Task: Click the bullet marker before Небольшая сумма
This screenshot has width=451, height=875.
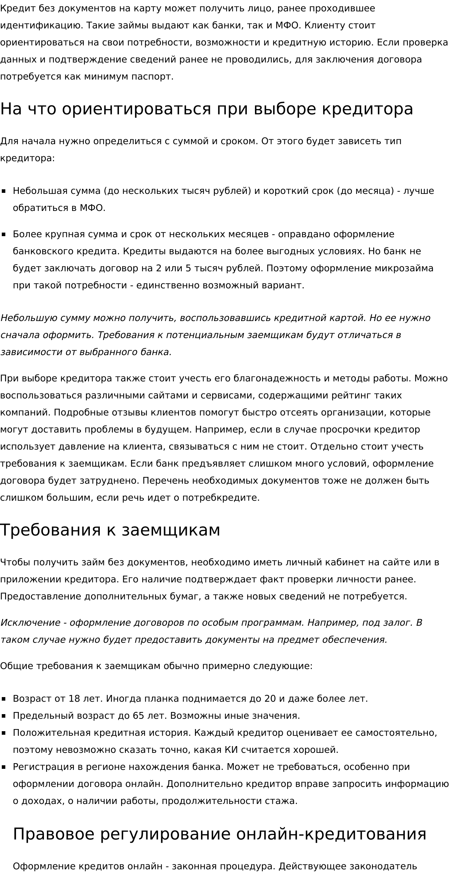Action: (x=4, y=191)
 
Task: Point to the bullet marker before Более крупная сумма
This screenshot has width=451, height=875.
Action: (x=4, y=234)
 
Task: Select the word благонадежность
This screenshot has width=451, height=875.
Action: (x=277, y=379)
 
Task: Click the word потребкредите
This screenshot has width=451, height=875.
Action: (x=221, y=498)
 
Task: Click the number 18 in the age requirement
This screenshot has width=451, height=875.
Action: (x=74, y=699)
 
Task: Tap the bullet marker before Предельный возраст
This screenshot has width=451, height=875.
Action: (x=4, y=716)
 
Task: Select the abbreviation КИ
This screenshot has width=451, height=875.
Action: (x=232, y=750)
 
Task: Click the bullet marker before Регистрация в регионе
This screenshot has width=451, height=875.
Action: (x=4, y=767)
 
